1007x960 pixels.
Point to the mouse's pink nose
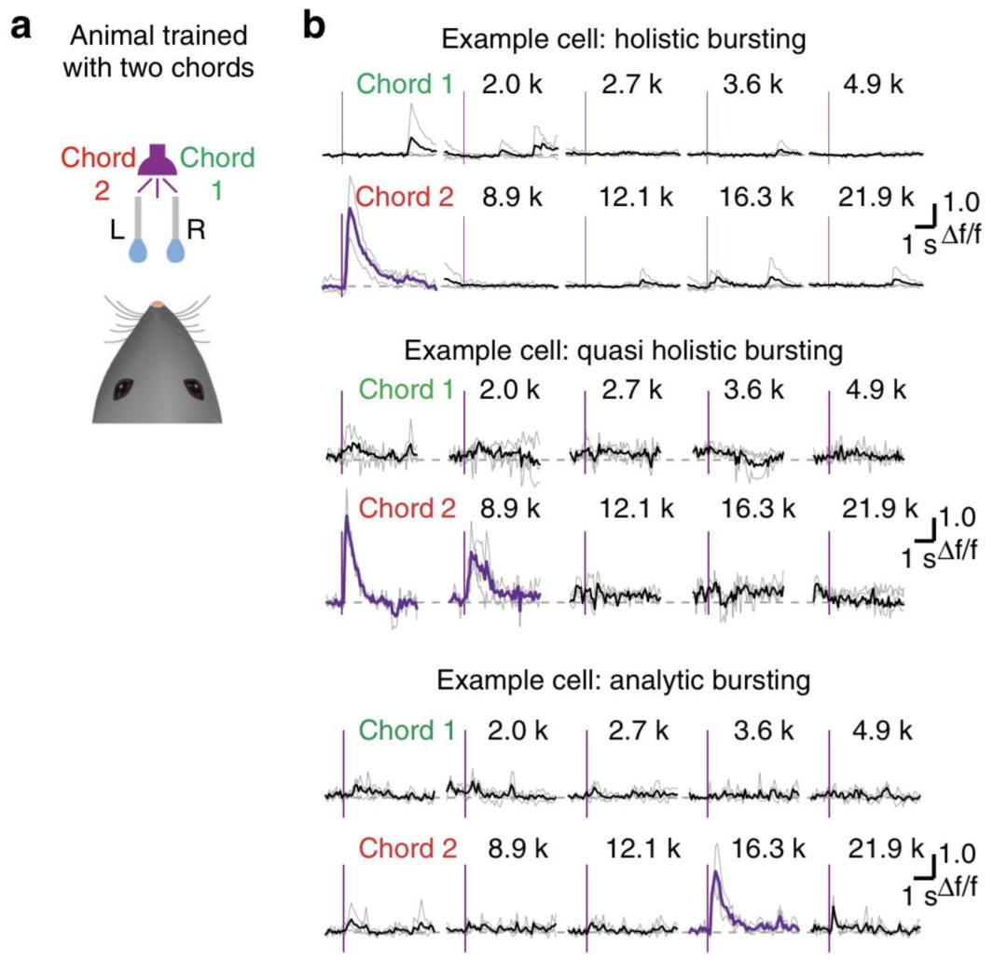[159, 305]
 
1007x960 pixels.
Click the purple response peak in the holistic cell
[351, 213]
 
